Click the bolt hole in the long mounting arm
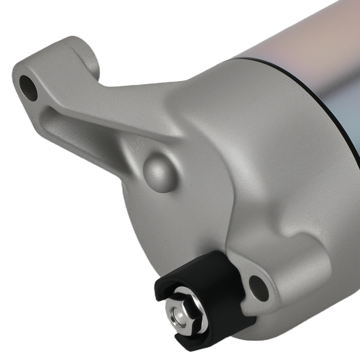click(x=28, y=87)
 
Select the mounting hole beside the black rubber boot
click(x=259, y=288)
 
